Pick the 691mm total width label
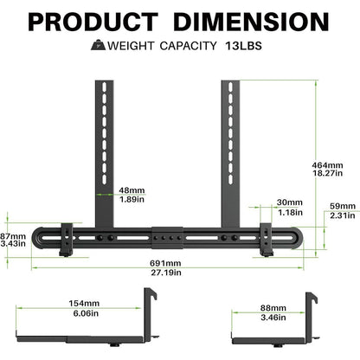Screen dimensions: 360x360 pyautogui.click(x=165, y=263)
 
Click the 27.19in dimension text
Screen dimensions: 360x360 pyautogui.click(x=165, y=273)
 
